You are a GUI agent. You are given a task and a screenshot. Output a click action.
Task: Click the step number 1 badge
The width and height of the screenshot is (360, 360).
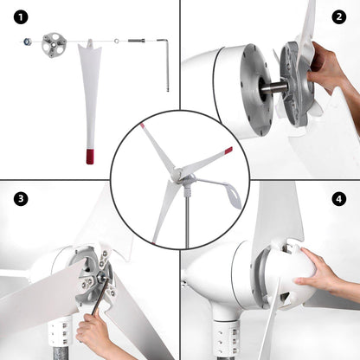click(x=20, y=16)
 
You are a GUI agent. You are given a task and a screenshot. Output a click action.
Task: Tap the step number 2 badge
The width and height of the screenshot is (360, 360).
click(x=338, y=16)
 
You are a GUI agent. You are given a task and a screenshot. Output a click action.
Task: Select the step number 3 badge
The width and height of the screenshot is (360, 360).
click(x=20, y=199)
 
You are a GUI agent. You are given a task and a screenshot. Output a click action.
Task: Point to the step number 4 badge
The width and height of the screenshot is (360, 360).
click(x=338, y=199)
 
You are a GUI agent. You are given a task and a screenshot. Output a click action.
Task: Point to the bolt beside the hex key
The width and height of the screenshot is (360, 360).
click(x=137, y=40)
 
